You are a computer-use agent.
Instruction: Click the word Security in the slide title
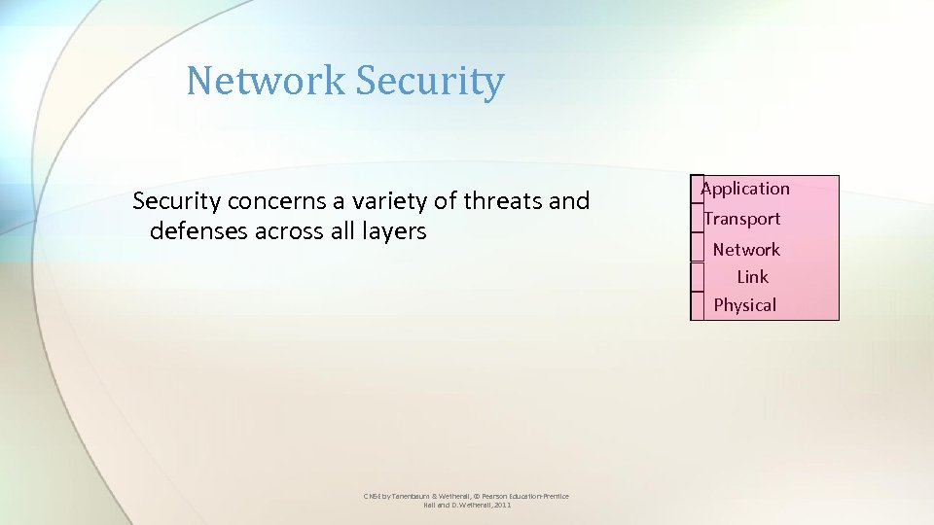(x=430, y=82)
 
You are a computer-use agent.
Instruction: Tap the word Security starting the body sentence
(x=177, y=201)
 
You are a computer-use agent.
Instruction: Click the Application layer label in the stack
(x=746, y=189)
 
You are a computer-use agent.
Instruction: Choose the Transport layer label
(x=742, y=219)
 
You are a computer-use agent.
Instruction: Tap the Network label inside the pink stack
(x=746, y=250)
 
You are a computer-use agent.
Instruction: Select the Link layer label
(x=752, y=277)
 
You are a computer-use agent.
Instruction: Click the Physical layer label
(x=745, y=305)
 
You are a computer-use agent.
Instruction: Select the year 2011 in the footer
(x=502, y=506)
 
